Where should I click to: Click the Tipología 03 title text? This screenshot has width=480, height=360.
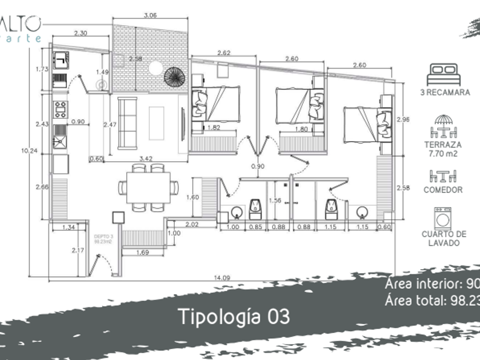coord(234,316)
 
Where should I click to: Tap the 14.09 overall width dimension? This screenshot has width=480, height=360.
coord(222,278)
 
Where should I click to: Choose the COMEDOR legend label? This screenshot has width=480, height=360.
coord(443,190)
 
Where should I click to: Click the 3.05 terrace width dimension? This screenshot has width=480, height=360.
coord(150,15)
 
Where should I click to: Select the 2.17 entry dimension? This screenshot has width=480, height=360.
coord(78,250)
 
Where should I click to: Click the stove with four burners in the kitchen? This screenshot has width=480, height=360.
coord(60,108)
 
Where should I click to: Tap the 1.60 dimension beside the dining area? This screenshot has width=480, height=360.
coord(192,197)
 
